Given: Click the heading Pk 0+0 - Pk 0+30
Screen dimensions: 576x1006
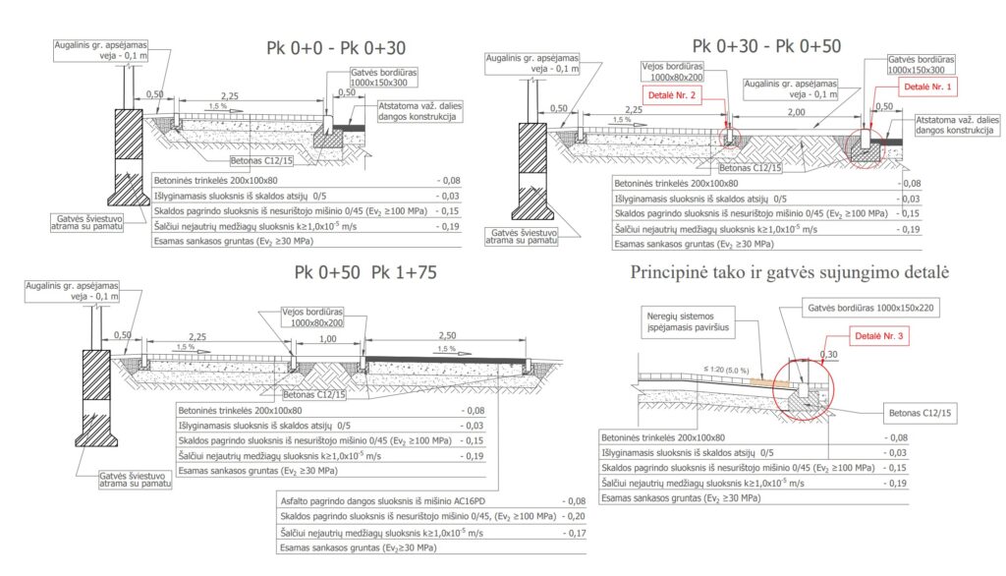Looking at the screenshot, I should (x=336, y=48).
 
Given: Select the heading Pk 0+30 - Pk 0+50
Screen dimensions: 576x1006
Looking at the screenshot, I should (x=766, y=46).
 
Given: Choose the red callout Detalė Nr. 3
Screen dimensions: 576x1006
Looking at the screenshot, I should (x=879, y=337).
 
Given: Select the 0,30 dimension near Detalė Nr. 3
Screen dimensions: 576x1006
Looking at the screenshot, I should (x=829, y=356).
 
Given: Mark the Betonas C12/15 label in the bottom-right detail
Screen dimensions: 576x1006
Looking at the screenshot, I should (x=918, y=414).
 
